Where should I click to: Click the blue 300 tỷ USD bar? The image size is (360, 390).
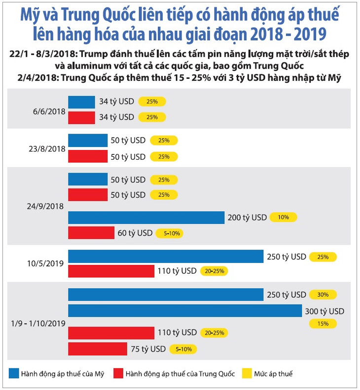point(185,311)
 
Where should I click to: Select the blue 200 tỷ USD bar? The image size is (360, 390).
point(146,217)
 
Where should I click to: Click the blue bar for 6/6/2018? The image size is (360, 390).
point(81,102)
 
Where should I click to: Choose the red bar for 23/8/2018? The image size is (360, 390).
point(87,156)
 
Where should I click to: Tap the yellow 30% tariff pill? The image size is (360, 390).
point(323,294)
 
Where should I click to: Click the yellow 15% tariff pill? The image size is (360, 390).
point(323,323)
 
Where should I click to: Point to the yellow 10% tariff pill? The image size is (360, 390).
point(284,217)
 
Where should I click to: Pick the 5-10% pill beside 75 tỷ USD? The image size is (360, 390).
point(183,349)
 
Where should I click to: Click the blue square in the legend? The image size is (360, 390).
point(13,373)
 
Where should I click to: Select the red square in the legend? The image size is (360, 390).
point(118,373)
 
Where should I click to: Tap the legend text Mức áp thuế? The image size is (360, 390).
point(273,374)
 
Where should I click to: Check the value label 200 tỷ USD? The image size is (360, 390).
point(247,217)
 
